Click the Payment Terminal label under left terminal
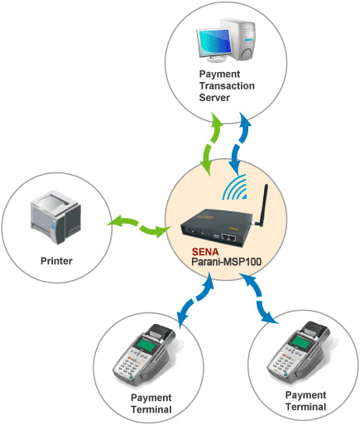151,403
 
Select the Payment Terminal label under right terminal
305,401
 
